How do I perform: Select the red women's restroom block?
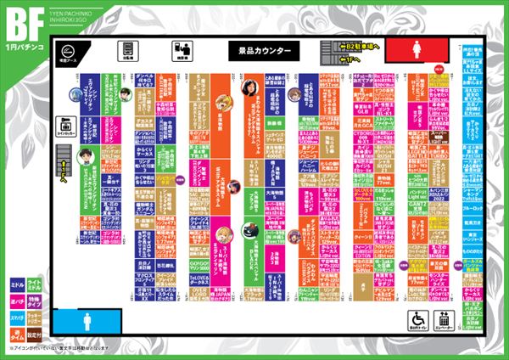[421, 48]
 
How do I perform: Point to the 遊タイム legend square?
[16, 326]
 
